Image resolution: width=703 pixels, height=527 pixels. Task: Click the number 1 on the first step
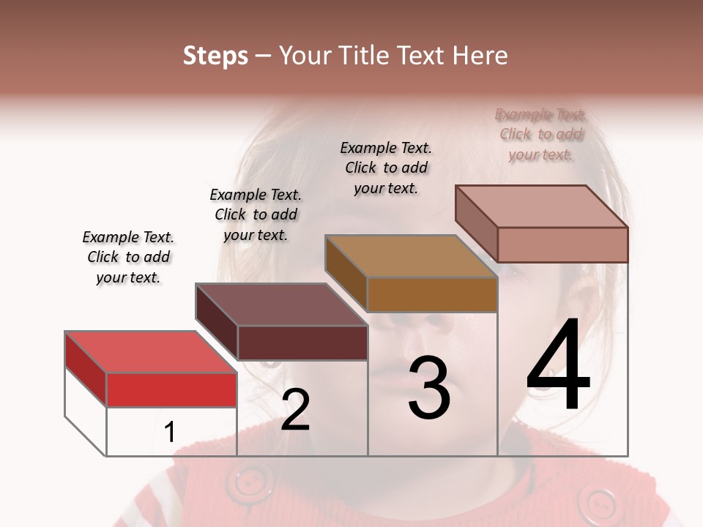coord(169,433)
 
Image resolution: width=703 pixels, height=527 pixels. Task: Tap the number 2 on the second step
coord(295,410)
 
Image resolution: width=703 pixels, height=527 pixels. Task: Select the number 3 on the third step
coord(429,388)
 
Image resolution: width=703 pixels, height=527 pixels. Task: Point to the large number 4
coord(558,366)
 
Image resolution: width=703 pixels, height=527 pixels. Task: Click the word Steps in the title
coord(215,56)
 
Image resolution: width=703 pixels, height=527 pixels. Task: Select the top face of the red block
coord(151,352)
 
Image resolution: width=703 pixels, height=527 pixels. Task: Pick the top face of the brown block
coord(412,256)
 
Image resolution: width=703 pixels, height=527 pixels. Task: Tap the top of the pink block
coord(542,206)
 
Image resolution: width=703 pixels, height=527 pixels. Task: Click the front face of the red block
coord(171,389)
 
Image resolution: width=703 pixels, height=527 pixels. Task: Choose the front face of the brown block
coord(432,294)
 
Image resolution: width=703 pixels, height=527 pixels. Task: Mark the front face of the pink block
coord(562,244)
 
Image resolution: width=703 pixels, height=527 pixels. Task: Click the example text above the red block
coord(128,257)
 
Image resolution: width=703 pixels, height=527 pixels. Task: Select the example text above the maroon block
coord(256,214)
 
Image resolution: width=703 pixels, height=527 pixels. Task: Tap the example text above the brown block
coord(386,168)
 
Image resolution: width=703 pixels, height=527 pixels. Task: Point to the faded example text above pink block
coord(541,135)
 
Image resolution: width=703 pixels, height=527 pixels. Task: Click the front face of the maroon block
coord(302,343)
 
